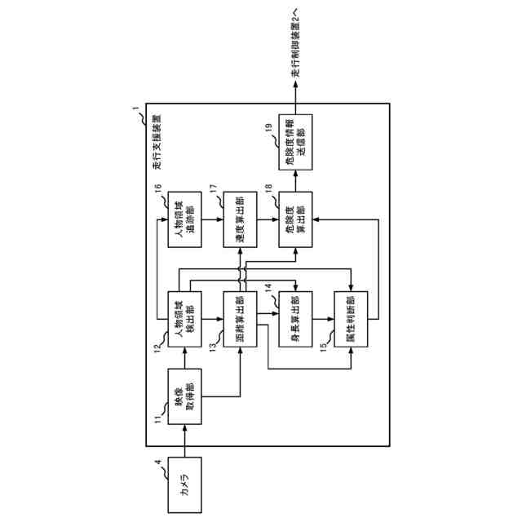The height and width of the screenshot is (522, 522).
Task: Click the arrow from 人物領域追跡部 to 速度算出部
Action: (x=215, y=219)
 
